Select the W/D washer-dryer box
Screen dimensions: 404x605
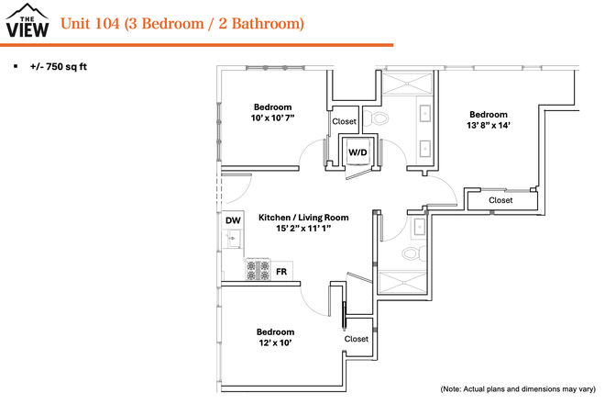(355, 151)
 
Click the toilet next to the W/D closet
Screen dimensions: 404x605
(379, 118)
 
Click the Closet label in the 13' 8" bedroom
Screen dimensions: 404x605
(500, 200)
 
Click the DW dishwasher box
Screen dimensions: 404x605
(232, 220)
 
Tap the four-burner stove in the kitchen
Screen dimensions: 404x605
(257, 270)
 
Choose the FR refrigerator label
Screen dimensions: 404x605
(281, 272)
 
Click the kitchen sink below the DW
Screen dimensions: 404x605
(232, 241)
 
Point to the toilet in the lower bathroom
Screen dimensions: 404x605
(412, 252)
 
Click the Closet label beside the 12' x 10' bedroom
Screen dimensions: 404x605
(357, 339)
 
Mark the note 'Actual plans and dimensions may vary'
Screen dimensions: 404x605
(518, 389)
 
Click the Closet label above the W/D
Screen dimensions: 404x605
(344, 121)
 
